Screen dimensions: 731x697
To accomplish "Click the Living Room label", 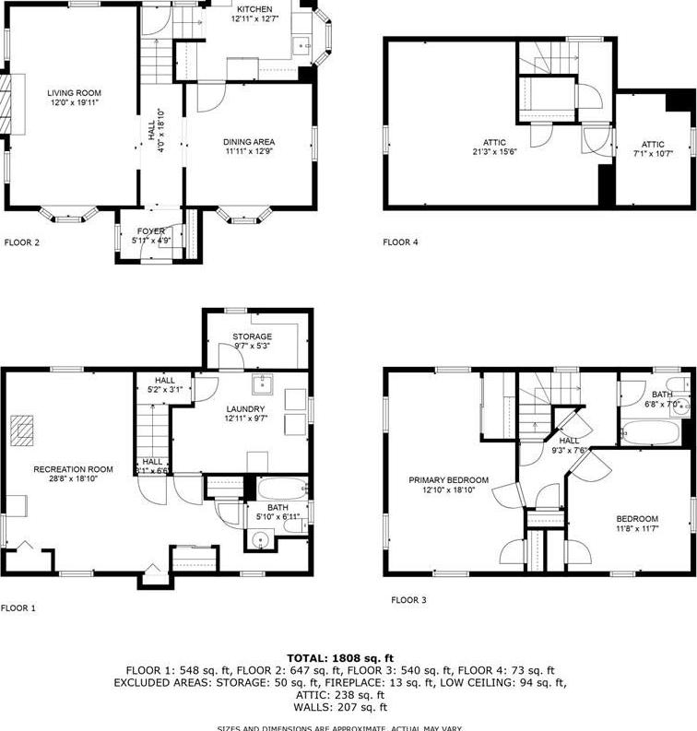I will pyautogui.click(x=74, y=93).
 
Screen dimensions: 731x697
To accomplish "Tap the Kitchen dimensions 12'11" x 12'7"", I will pyautogui.click(x=254, y=19).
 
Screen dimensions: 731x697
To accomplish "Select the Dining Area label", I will pyautogui.click(x=249, y=142).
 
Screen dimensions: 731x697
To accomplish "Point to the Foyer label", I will pyautogui.click(x=151, y=231).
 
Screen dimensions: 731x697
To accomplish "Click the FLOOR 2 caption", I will pyautogui.click(x=22, y=243).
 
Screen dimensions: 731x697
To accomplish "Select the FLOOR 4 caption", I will pyautogui.click(x=400, y=243).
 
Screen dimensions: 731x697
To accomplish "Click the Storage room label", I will pyautogui.click(x=252, y=336).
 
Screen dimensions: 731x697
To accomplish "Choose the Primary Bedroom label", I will pyautogui.click(x=449, y=480).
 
